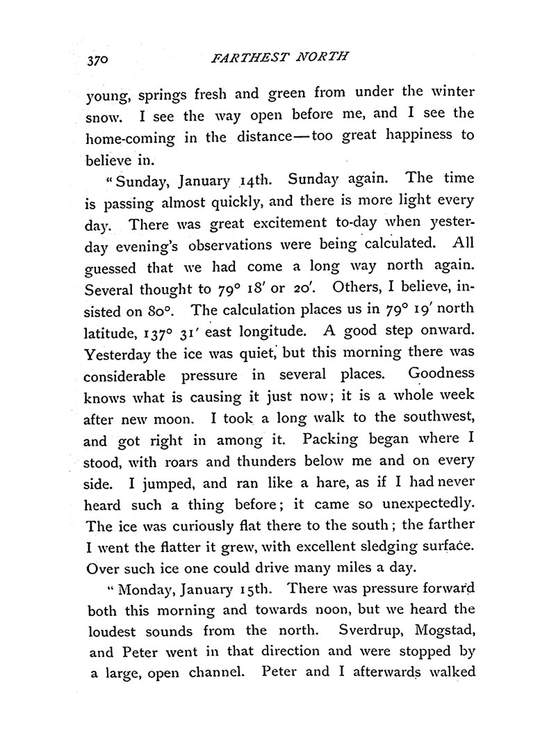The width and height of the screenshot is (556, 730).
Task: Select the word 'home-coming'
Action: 124,136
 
